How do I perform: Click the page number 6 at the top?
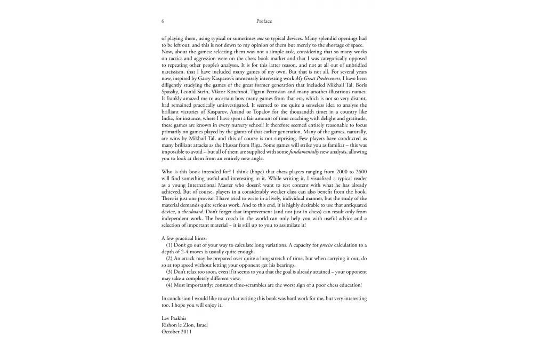(162, 21)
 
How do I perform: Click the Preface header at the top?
(264, 21)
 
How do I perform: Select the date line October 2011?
(176, 332)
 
